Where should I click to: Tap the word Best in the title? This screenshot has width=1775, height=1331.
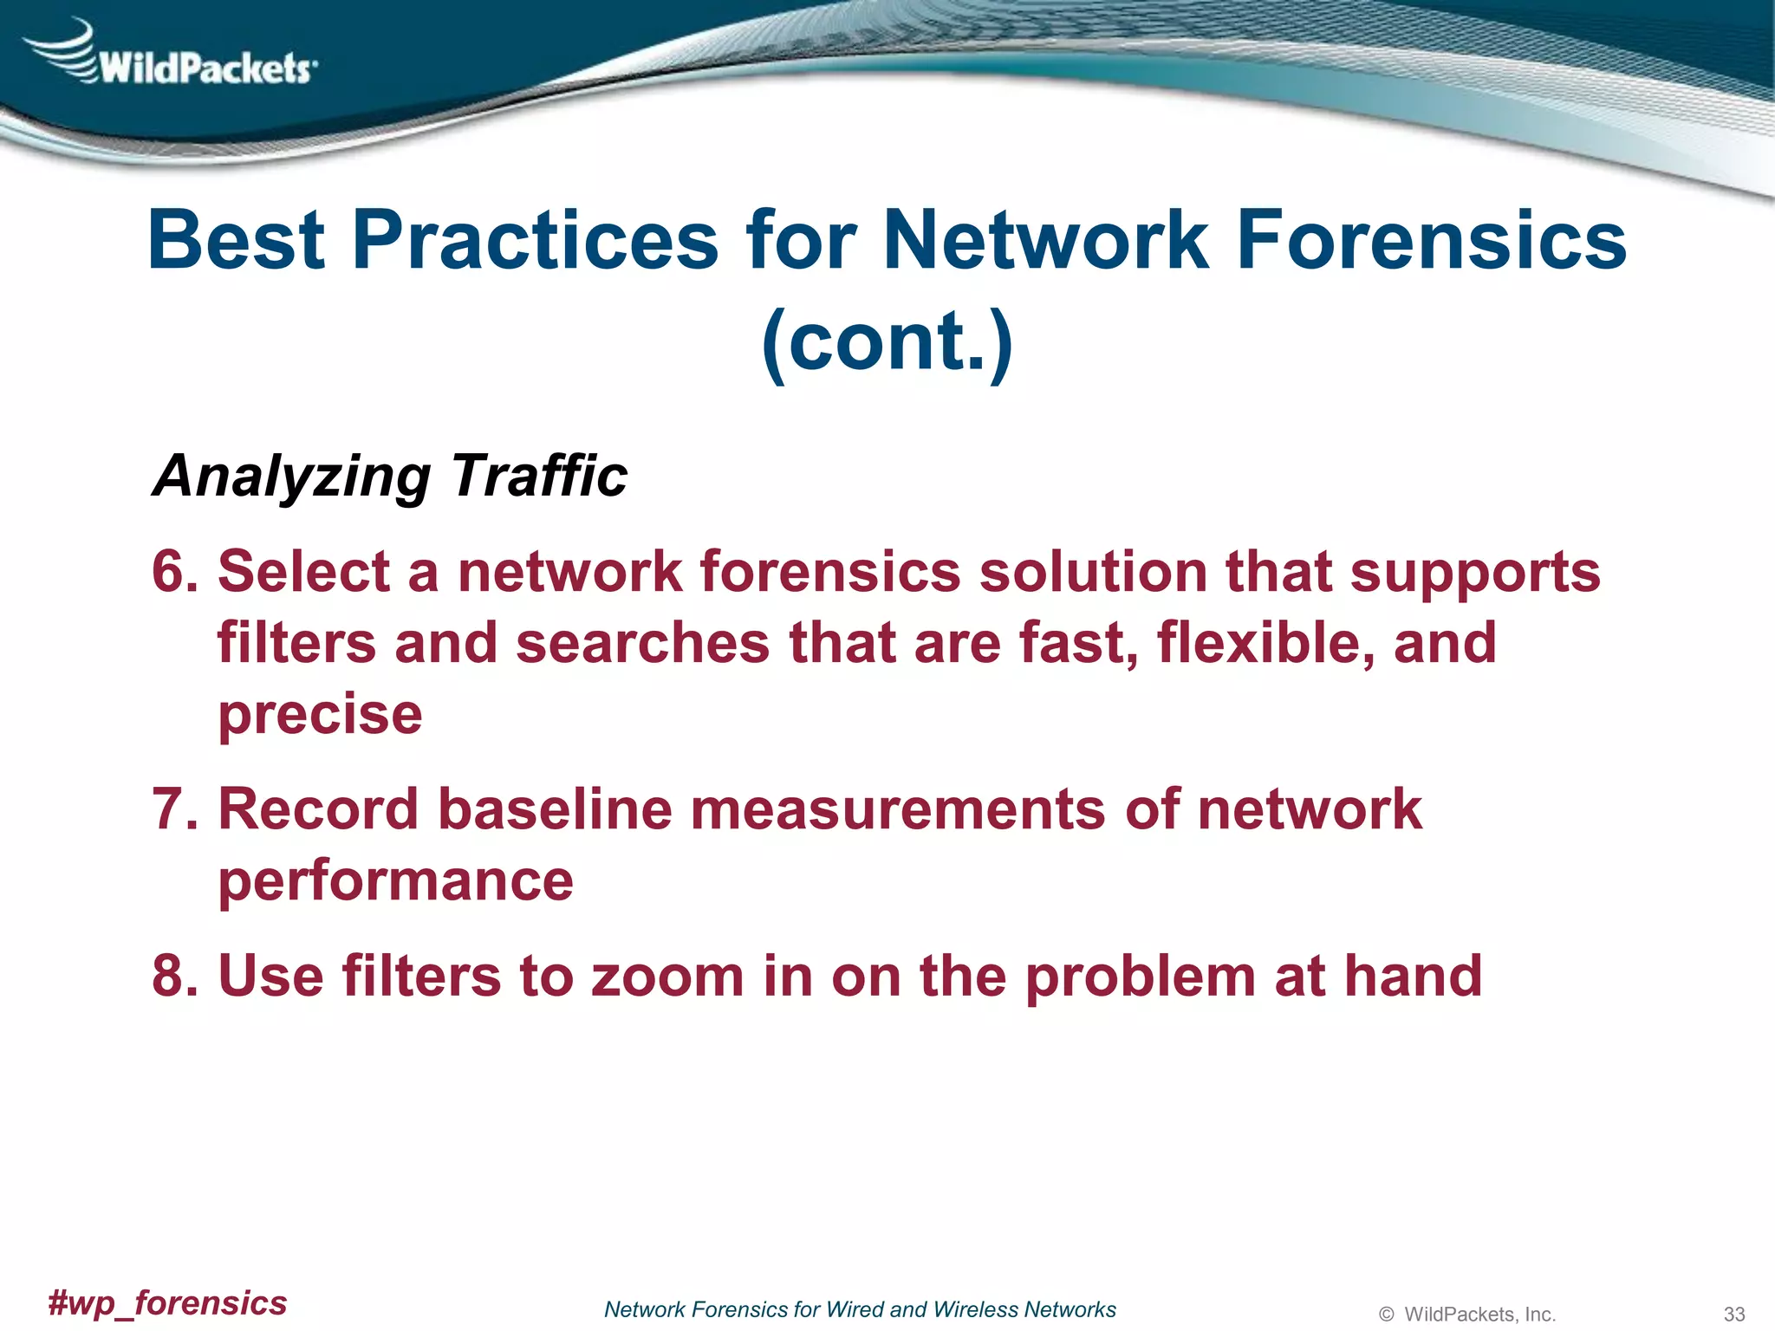pyautogui.click(x=236, y=240)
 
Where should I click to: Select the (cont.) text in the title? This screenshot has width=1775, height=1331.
pyautogui.click(x=887, y=341)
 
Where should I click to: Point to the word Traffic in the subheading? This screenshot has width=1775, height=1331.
pyautogui.click(x=539, y=476)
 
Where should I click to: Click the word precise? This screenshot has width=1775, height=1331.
pyautogui.click(x=320, y=716)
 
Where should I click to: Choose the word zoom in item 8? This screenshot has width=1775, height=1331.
pyautogui.click(x=667, y=976)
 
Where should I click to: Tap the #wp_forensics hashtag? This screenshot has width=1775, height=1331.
pyautogui.click(x=167, y=1302)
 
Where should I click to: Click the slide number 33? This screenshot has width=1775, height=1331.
pyautogui.click(x=1733, y=1314)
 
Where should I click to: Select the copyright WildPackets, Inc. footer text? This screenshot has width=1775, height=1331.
pyautogui.click(x=1467, y=1314)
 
